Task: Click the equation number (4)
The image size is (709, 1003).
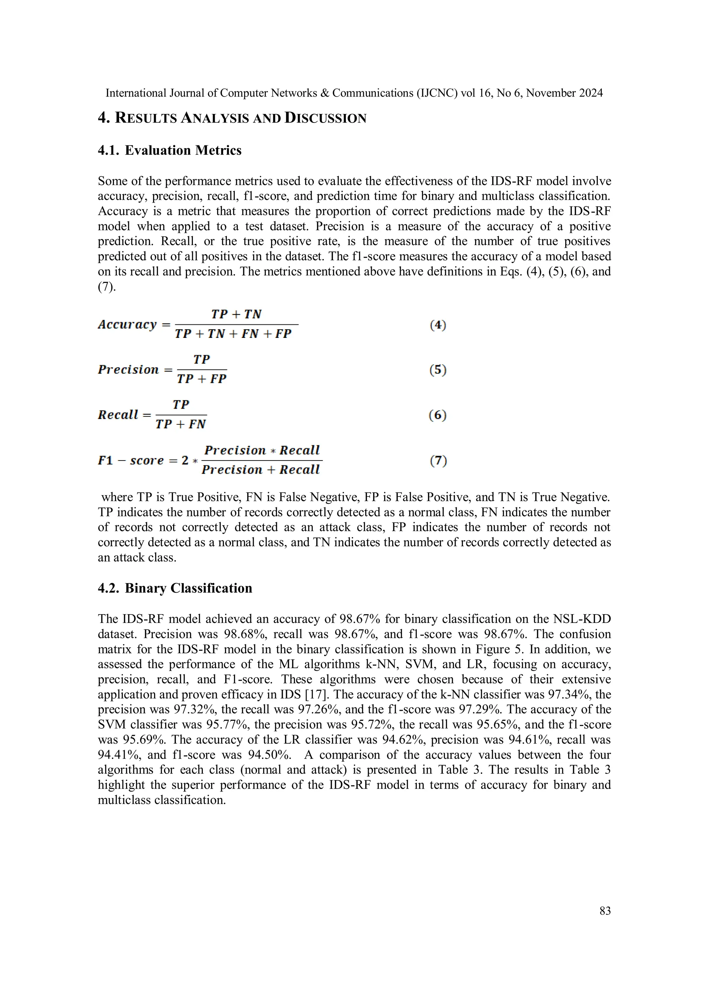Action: coord(438,325)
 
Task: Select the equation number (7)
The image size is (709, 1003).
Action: coord(438,460)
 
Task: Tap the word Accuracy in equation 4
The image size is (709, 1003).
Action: coord(127,324)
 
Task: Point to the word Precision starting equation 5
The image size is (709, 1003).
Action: coord(128,369)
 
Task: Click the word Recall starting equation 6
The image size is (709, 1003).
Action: coord(118,414)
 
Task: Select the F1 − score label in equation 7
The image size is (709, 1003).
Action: coord(131,460)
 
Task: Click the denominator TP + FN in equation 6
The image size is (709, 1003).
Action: coord(180,424)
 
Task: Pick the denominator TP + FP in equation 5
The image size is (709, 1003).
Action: coord(201,379)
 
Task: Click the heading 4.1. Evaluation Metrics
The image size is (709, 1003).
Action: coord(170,150)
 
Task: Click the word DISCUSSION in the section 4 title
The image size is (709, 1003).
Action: coord(325,118)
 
